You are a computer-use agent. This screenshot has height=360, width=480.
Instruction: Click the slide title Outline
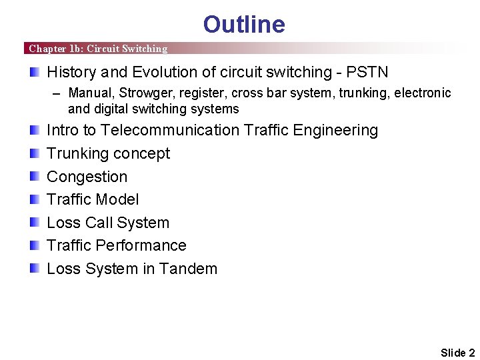point(244,25)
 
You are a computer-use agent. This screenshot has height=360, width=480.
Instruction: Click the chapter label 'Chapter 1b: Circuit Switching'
point(98,49)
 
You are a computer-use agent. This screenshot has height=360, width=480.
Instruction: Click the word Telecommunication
point(170,130)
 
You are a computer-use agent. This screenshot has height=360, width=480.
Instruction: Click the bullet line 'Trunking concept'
point(108,153)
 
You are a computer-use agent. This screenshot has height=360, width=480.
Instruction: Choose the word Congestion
point(87,177)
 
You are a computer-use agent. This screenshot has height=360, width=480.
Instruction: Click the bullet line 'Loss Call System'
point(108,223)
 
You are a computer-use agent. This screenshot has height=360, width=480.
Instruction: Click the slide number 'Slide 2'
point(457,353)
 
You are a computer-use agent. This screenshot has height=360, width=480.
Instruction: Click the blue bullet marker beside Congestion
point(34,177)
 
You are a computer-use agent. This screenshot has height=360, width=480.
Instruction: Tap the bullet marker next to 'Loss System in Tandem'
point(34,269)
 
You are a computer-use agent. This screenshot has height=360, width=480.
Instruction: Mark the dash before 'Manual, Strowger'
point(57,93)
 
